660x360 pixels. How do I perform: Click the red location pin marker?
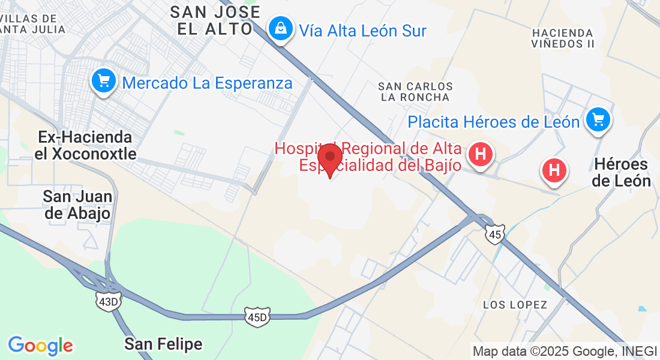tap(329, 158)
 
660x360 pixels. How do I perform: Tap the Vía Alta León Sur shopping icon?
tap(280, 28)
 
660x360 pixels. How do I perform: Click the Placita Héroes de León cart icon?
tap(598, 119)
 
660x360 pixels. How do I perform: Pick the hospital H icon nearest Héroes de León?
tap(554, 170)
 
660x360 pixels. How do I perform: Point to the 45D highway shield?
tap(256, 316)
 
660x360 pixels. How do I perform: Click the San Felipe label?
tap(163, 344)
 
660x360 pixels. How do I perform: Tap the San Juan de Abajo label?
tap(77, 205)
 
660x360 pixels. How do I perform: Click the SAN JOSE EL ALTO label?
tap(215, 20)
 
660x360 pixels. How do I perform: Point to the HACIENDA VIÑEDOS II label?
tap(562, 38)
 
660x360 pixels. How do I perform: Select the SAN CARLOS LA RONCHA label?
tap(415, 92)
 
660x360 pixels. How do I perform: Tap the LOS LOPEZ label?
tap(515, 305)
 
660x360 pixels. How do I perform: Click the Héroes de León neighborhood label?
tap(622, 172)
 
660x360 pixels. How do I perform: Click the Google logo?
tap(40, 346)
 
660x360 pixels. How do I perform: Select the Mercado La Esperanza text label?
tap(207, 83)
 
